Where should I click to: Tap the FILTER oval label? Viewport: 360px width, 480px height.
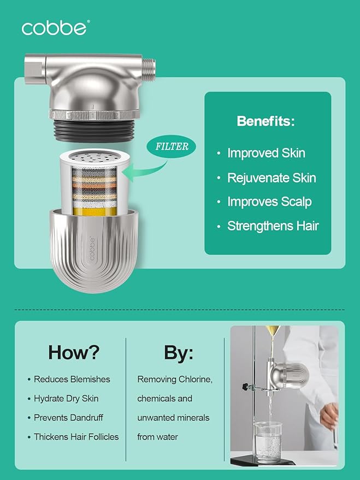[171, 147]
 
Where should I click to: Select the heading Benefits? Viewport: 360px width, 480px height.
[265, 121]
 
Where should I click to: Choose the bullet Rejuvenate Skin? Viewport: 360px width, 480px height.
[272, 178]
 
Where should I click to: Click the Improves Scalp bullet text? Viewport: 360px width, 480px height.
[269, 202]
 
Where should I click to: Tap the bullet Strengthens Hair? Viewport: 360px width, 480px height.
[273, 226]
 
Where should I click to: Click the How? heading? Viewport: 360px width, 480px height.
[74, 352]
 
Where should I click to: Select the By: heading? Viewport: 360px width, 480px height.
[179, 352]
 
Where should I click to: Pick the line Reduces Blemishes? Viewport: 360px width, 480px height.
[72, 379]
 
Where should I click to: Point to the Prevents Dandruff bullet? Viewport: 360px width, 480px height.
[68, 418]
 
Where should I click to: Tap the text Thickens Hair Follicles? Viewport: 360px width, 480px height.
[76, 437]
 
